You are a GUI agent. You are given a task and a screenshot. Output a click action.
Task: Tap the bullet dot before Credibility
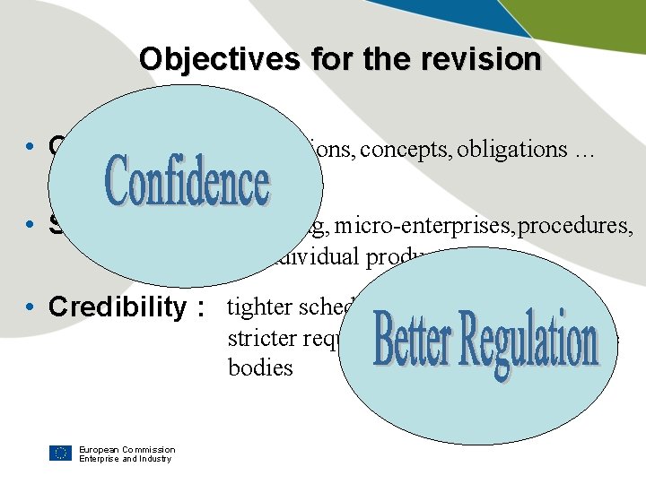(31, 307)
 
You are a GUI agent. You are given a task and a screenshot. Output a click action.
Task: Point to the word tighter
(260, 307)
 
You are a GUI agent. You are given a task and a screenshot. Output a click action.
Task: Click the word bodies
(260, 367)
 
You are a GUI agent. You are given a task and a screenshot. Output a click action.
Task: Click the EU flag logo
(60, 453)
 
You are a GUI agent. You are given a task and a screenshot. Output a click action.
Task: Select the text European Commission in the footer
(127, 449)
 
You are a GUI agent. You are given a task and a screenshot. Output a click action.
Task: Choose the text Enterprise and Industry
(125, 459)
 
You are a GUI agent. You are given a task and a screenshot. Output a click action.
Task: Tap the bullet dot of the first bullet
(31, 146)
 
